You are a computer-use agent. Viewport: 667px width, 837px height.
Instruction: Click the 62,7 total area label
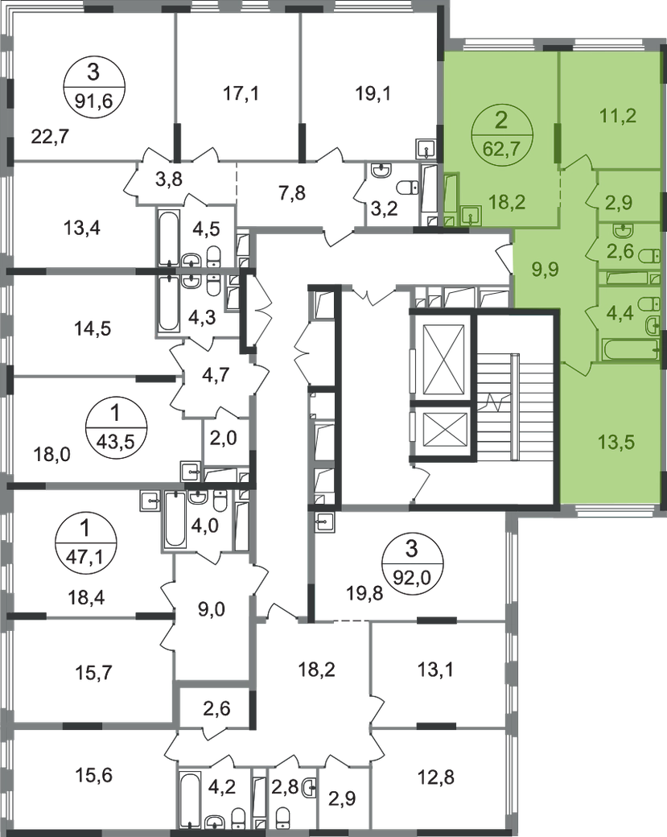pos(500,148)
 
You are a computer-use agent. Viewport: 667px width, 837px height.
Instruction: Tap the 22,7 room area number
pos(50,137)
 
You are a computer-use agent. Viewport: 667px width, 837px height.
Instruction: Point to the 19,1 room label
pos(373,94)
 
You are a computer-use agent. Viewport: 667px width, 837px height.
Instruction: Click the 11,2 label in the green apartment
pos(618,115)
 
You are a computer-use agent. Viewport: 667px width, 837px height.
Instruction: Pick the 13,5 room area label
pos(616,442)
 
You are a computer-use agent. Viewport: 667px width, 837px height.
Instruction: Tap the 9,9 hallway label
pos(546,270)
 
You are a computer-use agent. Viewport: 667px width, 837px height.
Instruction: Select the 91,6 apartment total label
pos(93,101)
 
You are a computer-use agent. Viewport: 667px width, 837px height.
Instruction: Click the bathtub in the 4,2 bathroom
pos(189,798)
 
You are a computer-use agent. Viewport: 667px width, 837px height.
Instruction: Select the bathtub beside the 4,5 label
pos(168,237)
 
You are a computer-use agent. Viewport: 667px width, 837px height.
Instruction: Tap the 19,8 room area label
pos(364,593)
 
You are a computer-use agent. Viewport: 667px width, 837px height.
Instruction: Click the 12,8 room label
pos(436,777)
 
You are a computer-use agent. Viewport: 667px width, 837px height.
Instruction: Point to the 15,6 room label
pos(94,774)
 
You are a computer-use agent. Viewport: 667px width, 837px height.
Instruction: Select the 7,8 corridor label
pos(292,192)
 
